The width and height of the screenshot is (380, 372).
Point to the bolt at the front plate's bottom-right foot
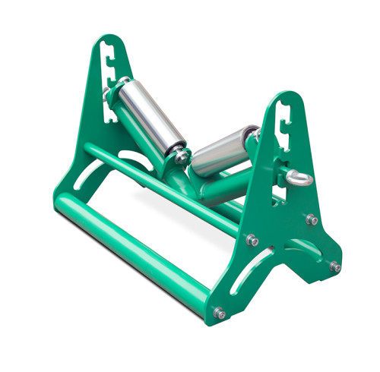tap(334, 266)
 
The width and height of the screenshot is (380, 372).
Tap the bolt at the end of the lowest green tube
tap(220, 311)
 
